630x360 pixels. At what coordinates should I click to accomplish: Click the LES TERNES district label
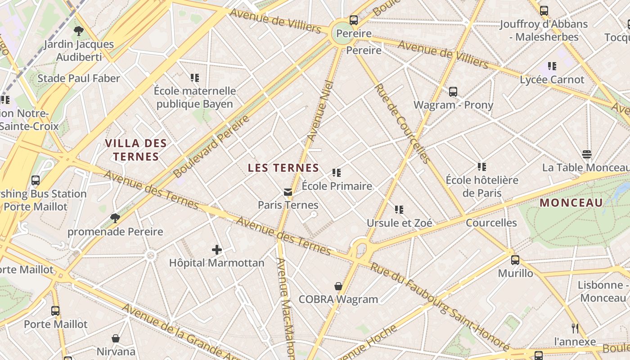283,168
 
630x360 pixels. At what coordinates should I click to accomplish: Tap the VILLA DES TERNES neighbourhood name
136,150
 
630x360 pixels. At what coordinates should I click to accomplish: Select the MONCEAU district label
571,202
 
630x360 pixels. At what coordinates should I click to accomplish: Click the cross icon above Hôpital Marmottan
217,250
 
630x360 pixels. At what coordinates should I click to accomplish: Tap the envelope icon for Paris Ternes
288,193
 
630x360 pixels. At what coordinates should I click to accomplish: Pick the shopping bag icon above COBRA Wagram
338,286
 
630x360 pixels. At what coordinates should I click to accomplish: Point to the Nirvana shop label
116,351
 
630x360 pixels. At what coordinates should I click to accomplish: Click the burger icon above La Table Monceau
586,154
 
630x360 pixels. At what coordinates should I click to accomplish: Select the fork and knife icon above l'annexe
575,328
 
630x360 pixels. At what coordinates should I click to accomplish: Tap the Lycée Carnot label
552,80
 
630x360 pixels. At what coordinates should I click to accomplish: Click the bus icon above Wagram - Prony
453,92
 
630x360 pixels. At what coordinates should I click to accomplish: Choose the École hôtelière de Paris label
482,187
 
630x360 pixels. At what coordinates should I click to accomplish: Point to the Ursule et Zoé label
400,223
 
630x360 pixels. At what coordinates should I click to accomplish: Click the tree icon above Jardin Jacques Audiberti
79,31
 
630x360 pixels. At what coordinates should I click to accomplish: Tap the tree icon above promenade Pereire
115,218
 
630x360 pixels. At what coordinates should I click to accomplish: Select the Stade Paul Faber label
79,78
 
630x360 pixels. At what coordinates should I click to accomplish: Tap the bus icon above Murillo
515,260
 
